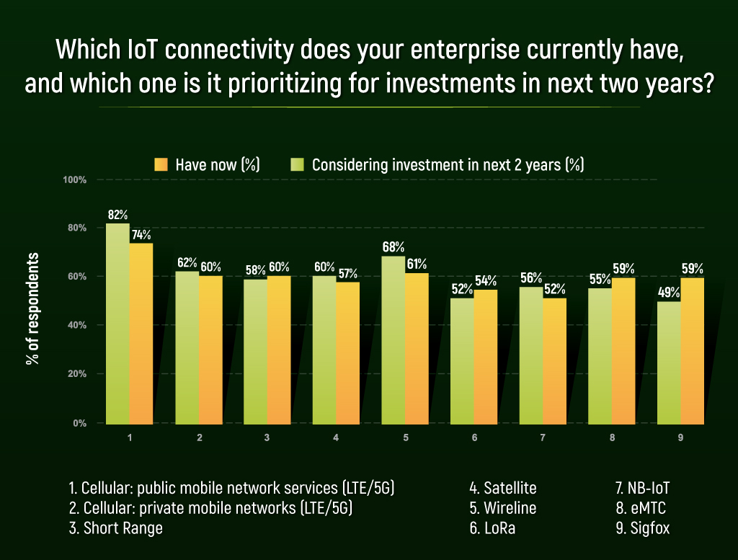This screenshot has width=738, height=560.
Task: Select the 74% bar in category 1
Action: click(x=141, y=333)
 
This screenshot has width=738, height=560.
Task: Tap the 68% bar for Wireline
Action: click(x=393, y=339)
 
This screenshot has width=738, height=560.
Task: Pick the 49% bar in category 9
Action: click(x=669, y=363)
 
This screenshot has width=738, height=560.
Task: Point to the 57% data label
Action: click(x=347, y=274)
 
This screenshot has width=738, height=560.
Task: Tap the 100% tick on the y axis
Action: click(x=76, y=179)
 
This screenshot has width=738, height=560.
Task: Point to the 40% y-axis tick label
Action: click(x=77, y=325)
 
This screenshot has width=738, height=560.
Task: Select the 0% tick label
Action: click(x=80, y=423)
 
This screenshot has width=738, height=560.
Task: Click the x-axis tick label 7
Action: click(x=543, y=437)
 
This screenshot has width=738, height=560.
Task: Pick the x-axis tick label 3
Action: click(x=267, y=437)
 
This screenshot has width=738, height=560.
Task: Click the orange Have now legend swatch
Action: click(x=161, y=164)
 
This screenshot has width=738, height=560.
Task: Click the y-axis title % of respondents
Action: click(x=32, y=308)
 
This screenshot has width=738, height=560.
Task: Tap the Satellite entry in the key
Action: click(x=502, y=488)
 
